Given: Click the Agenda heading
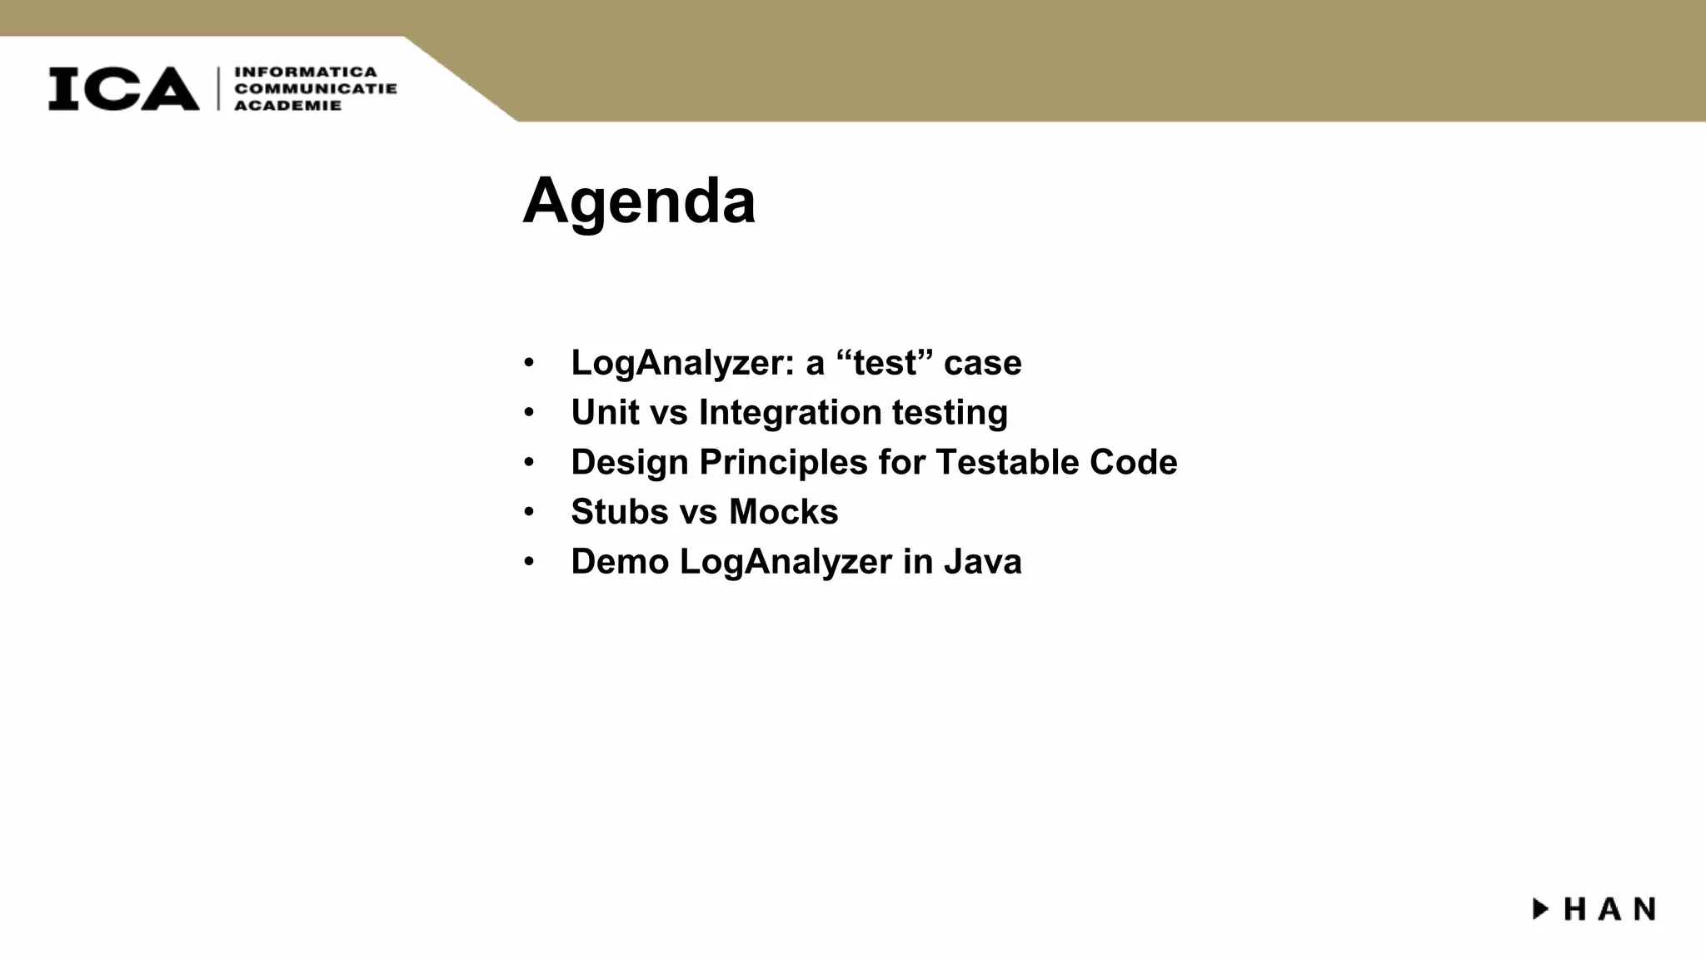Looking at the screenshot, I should (x=639, y=201).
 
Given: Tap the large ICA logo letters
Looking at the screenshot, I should (x=123, y=88).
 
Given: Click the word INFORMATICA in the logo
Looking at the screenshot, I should (x=305, y=72).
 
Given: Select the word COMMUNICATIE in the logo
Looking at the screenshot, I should (x=315, y=89).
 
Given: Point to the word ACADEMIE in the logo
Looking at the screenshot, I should (x=287, y=106).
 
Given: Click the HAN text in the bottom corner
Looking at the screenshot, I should (x=1609, y=909).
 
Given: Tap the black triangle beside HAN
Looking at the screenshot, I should (x=1540, y=908).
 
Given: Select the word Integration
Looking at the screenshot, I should (x=790, y=412).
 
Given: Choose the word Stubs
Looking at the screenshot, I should (x=619, y=512).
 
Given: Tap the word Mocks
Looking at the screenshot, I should (x=783, y=512).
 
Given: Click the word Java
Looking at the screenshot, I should (x=982, y=562).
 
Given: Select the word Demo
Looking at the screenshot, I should (x=619, y=562).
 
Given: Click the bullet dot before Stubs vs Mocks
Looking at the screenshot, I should (x=528, y=512).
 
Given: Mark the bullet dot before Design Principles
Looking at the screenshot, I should (x=528, y=462).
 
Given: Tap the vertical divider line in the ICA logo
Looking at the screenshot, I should (x=218, y=88).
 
